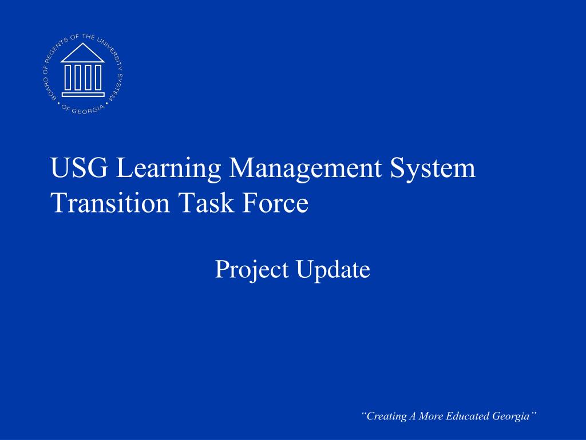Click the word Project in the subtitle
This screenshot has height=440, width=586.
(252, 269)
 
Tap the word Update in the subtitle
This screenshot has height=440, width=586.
(334, 269)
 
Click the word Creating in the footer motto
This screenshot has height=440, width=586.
(385, 416)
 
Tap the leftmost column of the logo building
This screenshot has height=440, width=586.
(68, 77)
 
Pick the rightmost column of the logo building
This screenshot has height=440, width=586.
(97, 77)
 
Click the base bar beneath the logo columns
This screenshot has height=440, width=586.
(82, 95)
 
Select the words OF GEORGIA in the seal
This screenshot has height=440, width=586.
(82, 110)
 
